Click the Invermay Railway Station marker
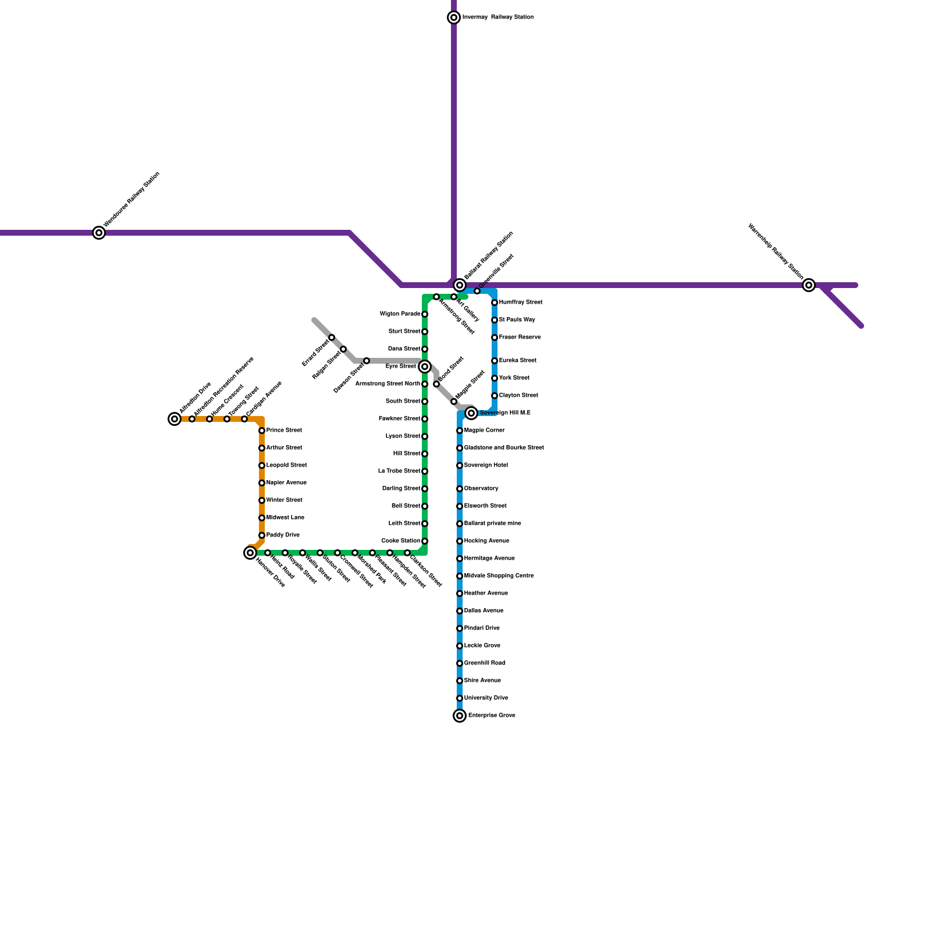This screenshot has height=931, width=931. click(454, 17)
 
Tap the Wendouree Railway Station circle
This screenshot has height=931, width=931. click(100, 233)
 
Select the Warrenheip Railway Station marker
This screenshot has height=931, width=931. click(808, 285)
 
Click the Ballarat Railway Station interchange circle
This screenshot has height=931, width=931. click(460, 285)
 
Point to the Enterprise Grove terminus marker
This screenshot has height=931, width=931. click(460, 716)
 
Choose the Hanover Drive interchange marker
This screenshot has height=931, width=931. click(250, 553)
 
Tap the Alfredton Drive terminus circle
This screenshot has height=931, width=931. click(175, 419)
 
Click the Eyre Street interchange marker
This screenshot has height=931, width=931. click(425, 367)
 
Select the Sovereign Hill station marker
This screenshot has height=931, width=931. click(471, 413)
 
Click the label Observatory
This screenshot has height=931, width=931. click(481, 489)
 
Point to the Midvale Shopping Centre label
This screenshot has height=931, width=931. click(499, 576)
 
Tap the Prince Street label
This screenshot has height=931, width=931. click(284, 431)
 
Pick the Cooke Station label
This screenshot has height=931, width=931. click(400, 541)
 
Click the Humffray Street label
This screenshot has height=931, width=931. click(521, 303)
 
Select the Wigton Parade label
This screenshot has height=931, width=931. click(400, 314)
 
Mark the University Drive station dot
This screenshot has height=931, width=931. click(460, 698)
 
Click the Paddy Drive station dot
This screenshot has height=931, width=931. click(262, 535)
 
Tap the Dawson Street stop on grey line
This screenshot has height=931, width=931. click(367, 361)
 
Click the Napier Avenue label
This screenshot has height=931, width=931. click(286, 483)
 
